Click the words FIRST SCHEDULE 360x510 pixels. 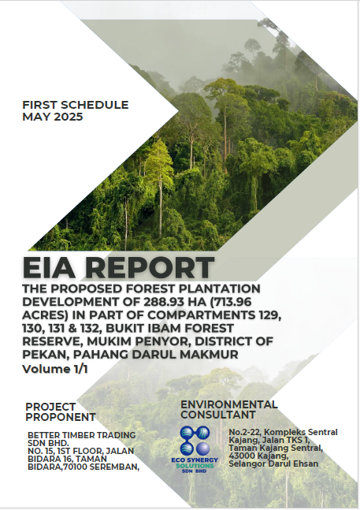pyautogui.click(x=76, y=105)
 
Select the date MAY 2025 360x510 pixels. pyautogui.click(x=53, y=117)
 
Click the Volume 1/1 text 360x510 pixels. pyautogui.click(x=55, y=369)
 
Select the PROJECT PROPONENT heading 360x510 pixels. pyautogui.click(x=61, y=411)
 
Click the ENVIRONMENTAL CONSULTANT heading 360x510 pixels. pyautogui.click(x=229, y=409)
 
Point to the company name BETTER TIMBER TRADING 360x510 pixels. pyautogui.click(x=82, y=435)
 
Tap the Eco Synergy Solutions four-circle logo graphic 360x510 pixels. pyautogui.click(x=195, y=441)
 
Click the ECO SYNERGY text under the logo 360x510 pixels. pyautogui.click(x=195, y=460)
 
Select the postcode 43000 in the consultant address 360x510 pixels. pyautogui.click(x=240, y=456)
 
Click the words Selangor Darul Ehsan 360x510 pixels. pyautogui.click(x=273, y=463)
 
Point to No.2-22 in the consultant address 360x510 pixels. pyautogui.click(x=244, y=432)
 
